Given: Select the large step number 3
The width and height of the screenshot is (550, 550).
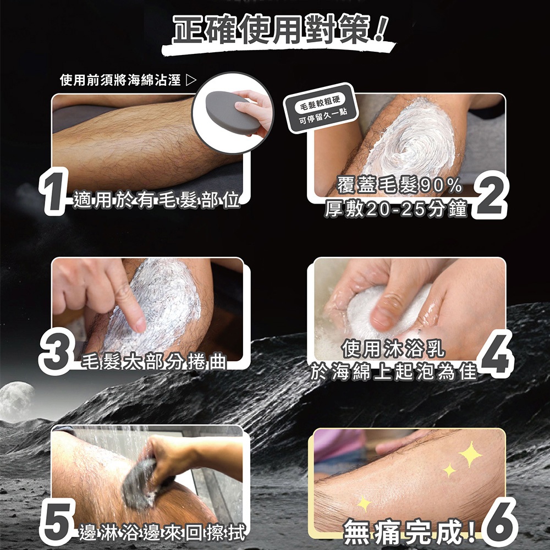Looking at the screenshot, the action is pyautogui.click(x=57, y=351).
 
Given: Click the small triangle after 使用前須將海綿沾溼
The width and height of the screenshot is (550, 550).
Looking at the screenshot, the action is pyautogui.click(x=191, y=80).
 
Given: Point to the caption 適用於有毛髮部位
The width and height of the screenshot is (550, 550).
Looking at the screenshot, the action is pyautogui.click(x=156, y=201).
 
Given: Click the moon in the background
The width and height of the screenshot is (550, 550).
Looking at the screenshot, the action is pyautogui.click(x=16, y=400).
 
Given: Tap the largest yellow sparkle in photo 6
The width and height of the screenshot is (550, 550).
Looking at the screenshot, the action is pyautogui.click(x=470, y=454).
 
